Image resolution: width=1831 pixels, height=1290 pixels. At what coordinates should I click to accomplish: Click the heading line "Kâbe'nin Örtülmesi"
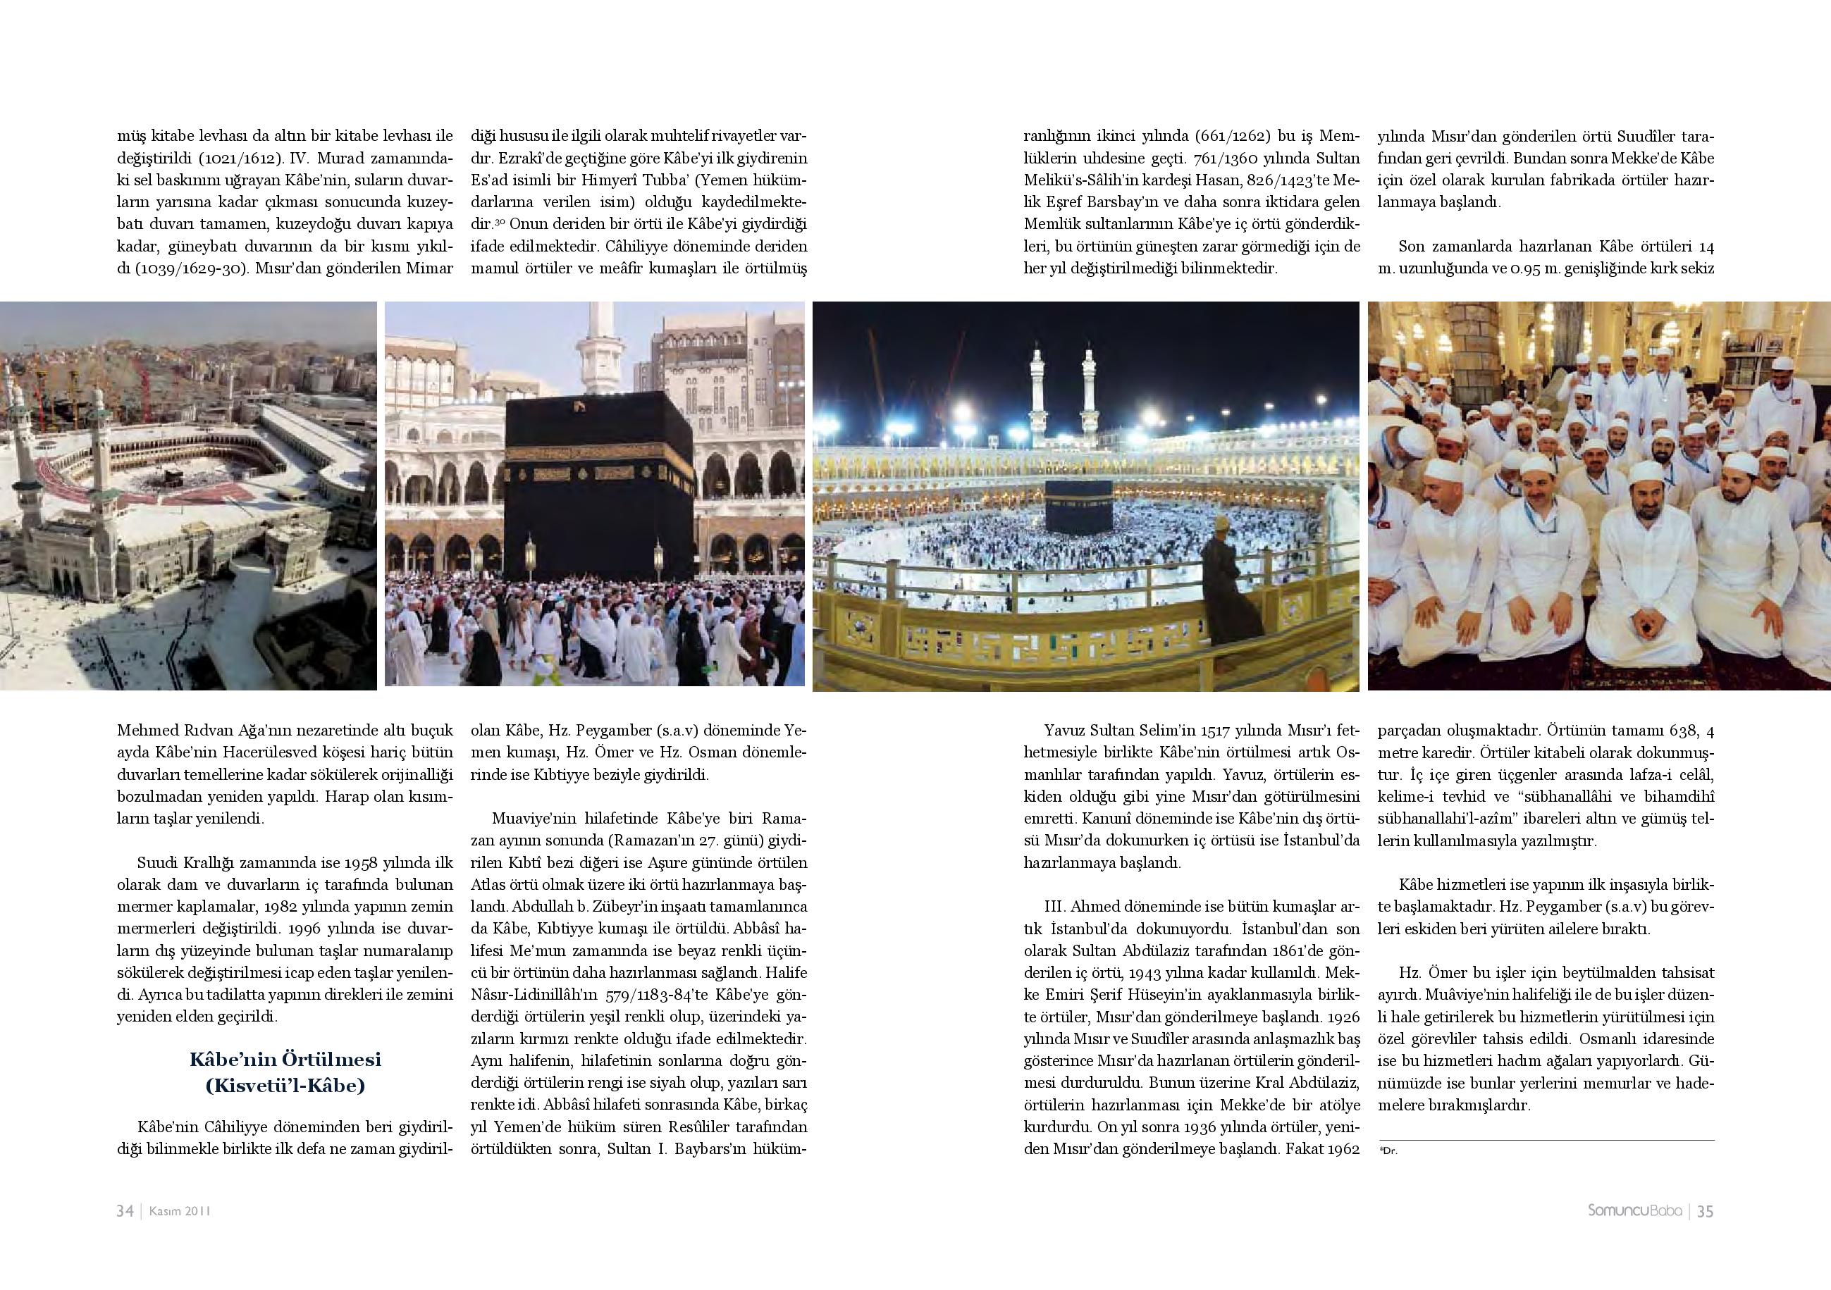(x=285, y=1060)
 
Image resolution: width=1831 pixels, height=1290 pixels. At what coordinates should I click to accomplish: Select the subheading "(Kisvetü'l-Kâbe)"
(x=285, y=1086)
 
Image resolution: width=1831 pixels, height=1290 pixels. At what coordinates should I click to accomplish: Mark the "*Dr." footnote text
(x=1388, y=1151)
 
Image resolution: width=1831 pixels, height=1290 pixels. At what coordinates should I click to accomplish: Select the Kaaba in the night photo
(x=1078, y=507)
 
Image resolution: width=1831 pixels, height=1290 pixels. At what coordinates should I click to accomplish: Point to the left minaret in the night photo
(x=1037, y=399)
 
